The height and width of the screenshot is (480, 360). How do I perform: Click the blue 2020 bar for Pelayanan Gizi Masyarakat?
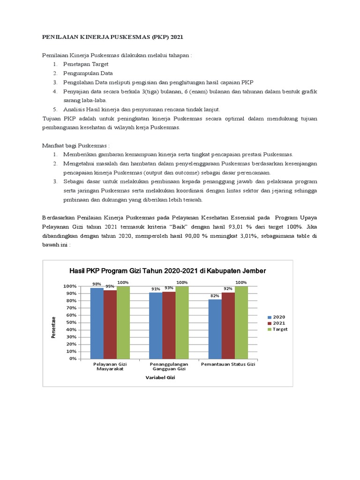click(97, 323)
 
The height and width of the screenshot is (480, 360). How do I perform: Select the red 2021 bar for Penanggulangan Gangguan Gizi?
click(169, 325)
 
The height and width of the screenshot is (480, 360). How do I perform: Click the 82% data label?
click(215, 296)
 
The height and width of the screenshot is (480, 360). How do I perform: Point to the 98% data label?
click(97, 284)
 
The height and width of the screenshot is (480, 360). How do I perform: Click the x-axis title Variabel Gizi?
click(160, 377)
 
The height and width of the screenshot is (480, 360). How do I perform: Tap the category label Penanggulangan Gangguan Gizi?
click(169, 367)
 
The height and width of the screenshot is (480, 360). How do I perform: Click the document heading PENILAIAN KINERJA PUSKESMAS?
click(117, 36)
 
